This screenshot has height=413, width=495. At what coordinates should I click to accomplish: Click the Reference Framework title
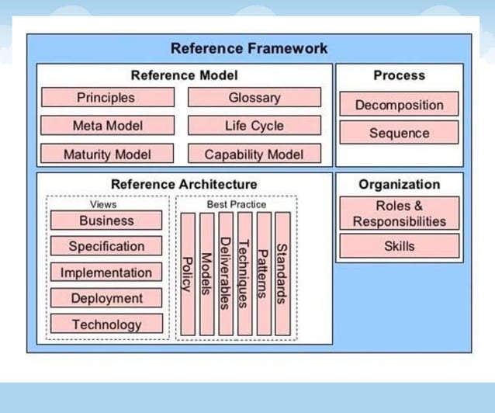pyautogui.click(x=249, y=48)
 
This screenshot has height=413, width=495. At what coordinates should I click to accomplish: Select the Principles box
pyautogui.click(x=106, y=98)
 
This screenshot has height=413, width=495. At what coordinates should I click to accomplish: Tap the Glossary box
pyautogui.click(x=254, y=98)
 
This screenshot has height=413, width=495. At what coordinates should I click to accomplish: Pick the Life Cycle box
pyautogui.click(x=254, y=126)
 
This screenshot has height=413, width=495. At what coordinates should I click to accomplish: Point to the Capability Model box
pyautogui.click(x=254, y=154)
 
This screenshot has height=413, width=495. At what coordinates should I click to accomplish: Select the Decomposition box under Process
pyautogui.click(x=399, y=105)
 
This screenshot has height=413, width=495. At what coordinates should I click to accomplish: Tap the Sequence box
pyautogui.click(x=399, y=133)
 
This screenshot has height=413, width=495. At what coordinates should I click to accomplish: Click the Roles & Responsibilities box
pyautogui.click(x=399, y=213)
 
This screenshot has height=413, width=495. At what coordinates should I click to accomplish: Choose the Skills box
pyautogui.click(x=399, y=247)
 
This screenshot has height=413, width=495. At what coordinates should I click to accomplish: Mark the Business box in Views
pyautogui.click(x=106, y=220)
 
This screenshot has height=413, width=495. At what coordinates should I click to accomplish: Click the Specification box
pyautogui.click(x=106, y=247)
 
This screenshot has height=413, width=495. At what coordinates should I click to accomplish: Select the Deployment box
pyautogui.click(x=106, y=298)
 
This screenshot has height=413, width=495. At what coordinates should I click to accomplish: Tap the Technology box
pyautogui.click(x=106, y=324)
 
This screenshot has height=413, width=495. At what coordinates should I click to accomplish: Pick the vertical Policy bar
pyautogui.click(x=187, y=273)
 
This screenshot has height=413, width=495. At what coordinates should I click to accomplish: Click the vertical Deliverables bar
pyautogui.click(x=225, y=273)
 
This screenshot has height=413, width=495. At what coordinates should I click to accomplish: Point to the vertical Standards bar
pyautogui.click(x=282, y=273)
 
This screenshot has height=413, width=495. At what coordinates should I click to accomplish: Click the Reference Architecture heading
pyautogui.click(x=184, y=185)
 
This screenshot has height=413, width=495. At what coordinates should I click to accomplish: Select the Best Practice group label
pyautogui.click(x=236, y=205)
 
